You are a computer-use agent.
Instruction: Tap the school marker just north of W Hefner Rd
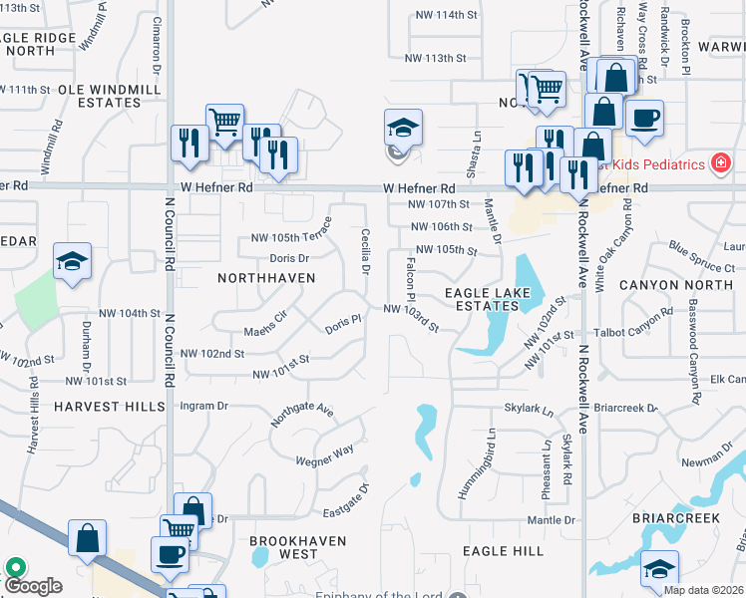click(403, 130)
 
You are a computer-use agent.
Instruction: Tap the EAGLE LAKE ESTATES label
click(481, 299)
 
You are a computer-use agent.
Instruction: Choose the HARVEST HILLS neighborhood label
click(110, 407)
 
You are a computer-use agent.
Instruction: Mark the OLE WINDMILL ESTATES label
click(104, 96)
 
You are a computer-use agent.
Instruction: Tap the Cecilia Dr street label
click(366, 252)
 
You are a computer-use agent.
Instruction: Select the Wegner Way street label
click(324, 454)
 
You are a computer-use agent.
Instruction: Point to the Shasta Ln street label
click(476, 150)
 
